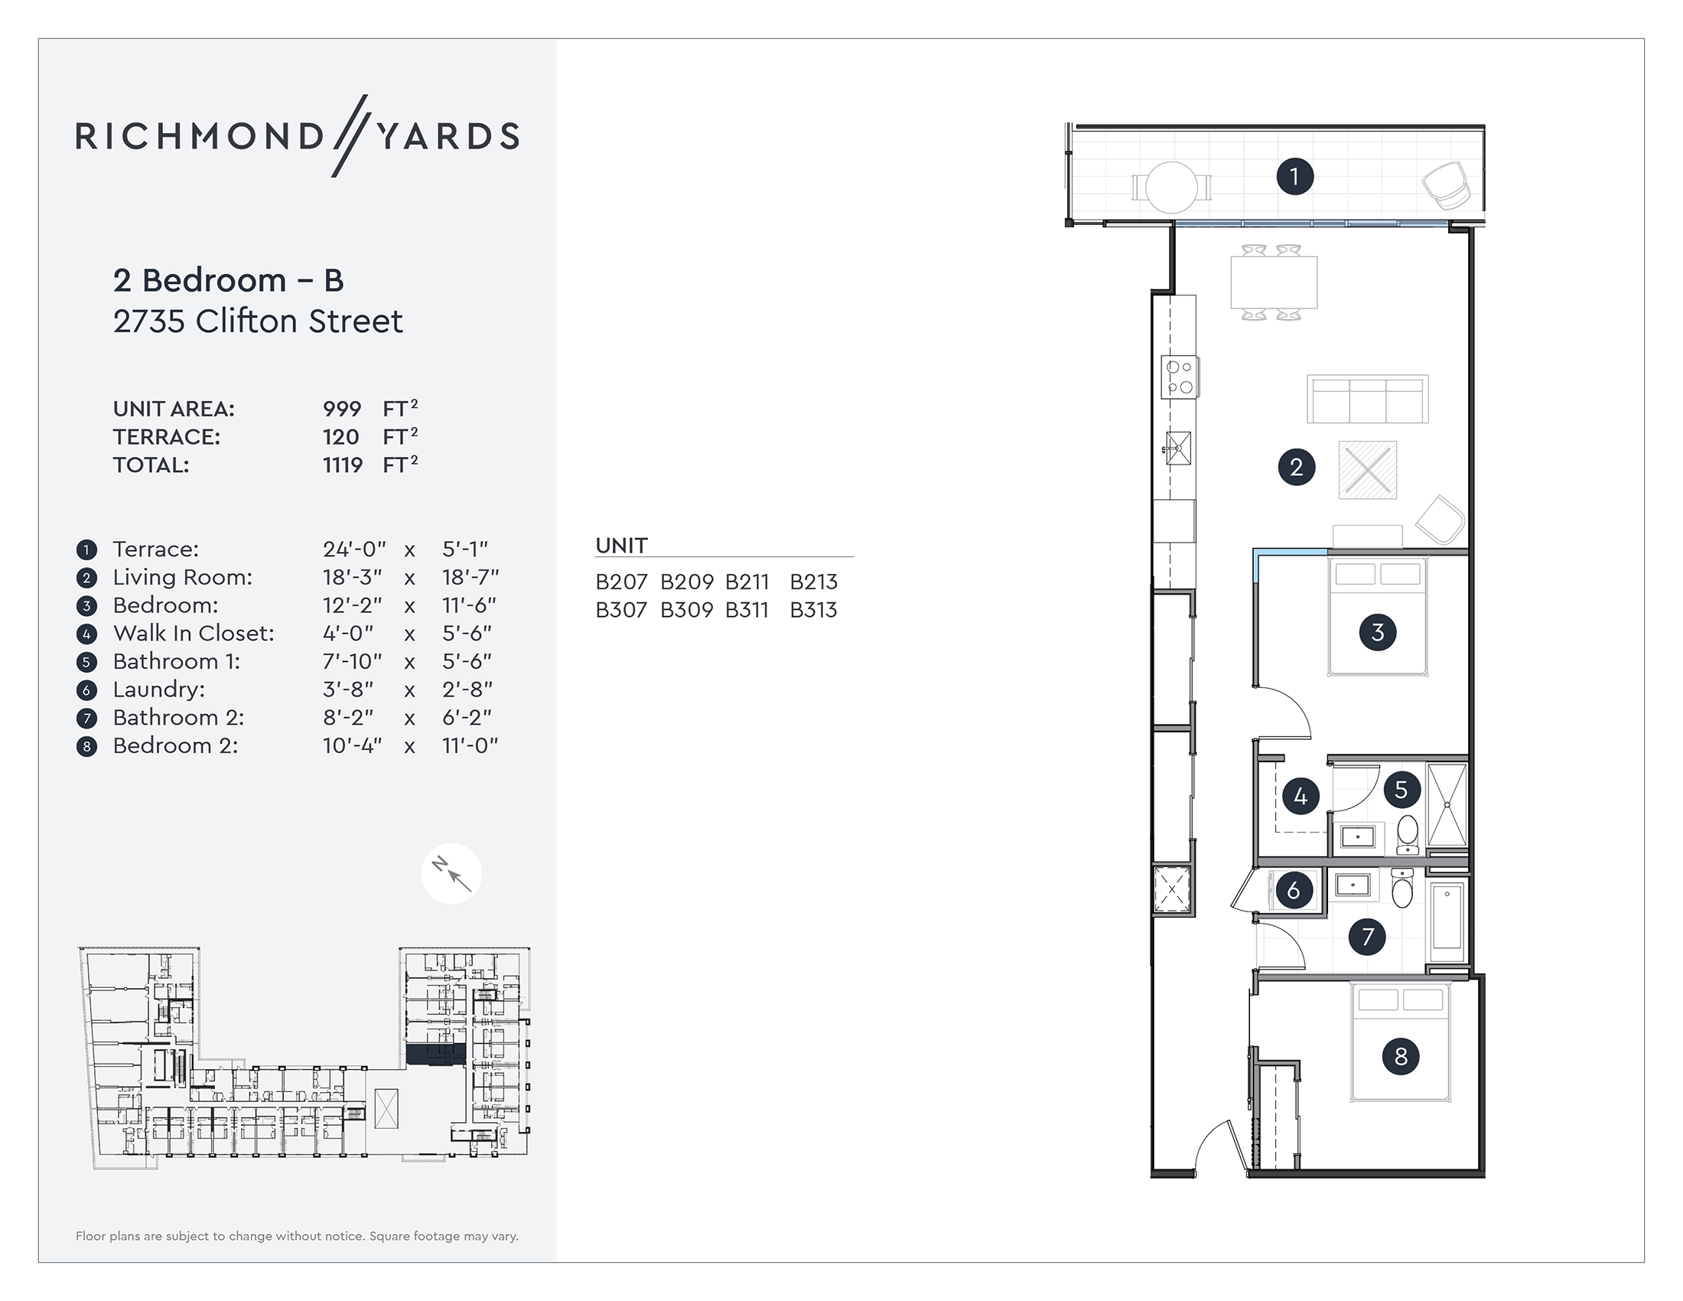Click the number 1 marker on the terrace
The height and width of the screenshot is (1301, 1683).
1294,177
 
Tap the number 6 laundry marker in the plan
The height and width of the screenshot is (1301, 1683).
1294,891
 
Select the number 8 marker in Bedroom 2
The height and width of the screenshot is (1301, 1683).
1400,1057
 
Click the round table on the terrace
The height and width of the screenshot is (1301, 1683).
1171,187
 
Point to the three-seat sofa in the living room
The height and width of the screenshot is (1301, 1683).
1367,399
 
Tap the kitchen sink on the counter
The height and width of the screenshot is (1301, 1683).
1178,448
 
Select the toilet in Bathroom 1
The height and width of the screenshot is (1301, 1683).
1407,833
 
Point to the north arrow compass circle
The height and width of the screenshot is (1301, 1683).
451,874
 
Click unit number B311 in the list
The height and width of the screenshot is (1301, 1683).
747,611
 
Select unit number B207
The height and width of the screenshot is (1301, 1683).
621,582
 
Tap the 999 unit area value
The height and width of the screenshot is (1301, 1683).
341,409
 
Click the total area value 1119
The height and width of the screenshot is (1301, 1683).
342,465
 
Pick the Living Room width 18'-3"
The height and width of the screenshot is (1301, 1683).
352,577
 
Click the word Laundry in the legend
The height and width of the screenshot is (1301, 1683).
159,690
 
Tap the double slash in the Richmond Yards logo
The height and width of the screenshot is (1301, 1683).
350,135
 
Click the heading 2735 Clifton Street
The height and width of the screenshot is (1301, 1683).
257,321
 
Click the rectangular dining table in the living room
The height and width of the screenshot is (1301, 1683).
1274,283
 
